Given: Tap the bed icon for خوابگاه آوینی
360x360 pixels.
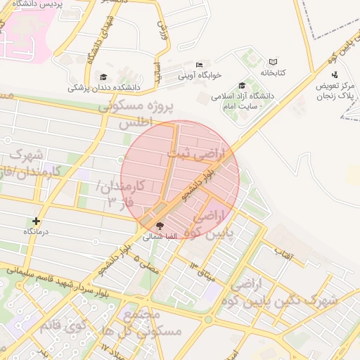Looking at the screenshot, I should tap(199, 65).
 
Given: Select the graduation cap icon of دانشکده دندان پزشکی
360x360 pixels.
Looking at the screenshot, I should tap(103, 77).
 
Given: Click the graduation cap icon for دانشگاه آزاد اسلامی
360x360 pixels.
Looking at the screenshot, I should tap(243, 85).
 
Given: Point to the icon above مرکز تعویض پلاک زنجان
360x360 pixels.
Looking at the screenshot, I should tap(334, 75).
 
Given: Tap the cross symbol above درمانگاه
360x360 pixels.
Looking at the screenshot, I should tap(37, 221).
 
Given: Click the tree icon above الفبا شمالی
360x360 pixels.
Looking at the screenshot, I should tap(159, 226).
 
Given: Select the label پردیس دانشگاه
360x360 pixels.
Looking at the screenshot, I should tap(39, 4).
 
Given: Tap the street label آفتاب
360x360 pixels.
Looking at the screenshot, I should tap(282, 250).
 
